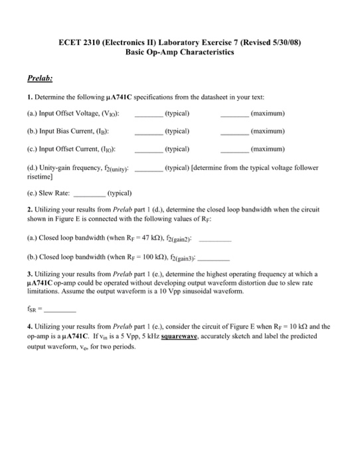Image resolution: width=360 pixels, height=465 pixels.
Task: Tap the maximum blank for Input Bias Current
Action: pos(234,132)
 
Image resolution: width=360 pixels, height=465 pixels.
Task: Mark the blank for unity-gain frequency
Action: pos(148,169)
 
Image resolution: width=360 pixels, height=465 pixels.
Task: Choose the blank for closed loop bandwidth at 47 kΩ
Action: pos(215,240)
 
